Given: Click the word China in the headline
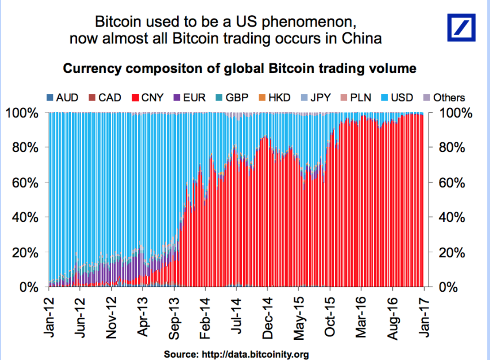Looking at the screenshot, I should [x=360, y=39].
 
